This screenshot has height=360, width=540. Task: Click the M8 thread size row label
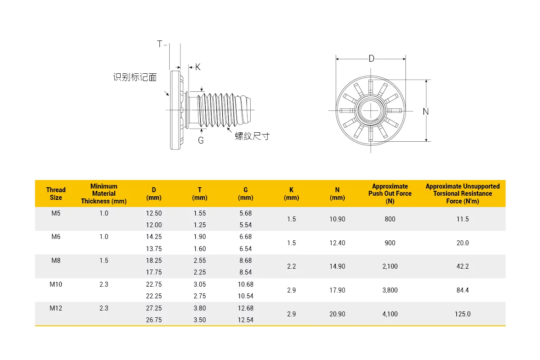[x=56, y=261]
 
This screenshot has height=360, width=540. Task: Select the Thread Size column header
[x=56, y=193]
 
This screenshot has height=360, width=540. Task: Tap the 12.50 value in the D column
[x=154, y=213]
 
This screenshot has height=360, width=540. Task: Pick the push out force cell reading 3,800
[x=390, y=290]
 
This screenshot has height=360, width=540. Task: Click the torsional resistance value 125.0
[x=463, y=314]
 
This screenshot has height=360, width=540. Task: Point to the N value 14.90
[x=337, y=266]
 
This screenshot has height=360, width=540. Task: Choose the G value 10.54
[x=245, y=296]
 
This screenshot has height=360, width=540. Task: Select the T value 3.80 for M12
[x=200, y=308]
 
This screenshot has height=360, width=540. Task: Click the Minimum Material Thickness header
[x=103, y=193]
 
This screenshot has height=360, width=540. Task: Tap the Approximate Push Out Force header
[x=390, y=193]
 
